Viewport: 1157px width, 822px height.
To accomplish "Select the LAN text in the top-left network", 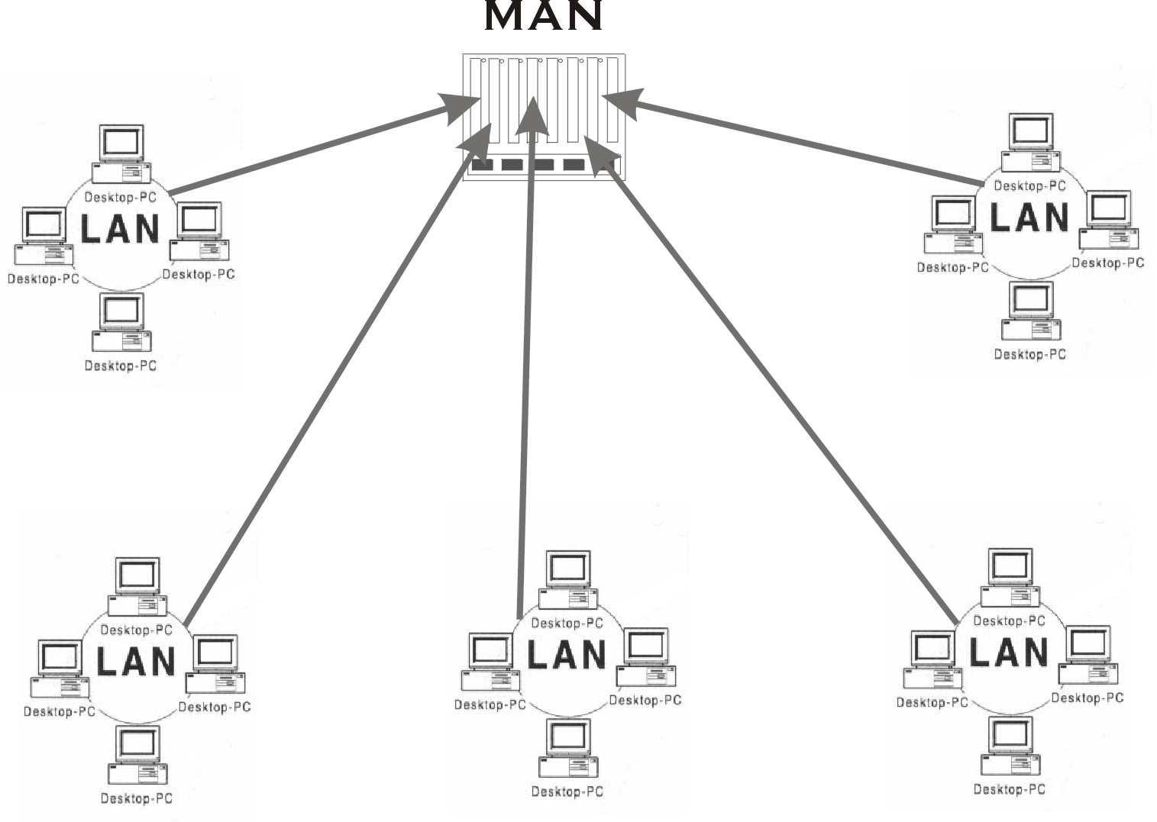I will [120, 228].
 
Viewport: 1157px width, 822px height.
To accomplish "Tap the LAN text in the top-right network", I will [1029, 217].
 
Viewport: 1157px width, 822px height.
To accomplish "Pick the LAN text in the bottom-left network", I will [136, 661].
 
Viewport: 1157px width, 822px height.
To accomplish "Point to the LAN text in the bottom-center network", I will [567, 655].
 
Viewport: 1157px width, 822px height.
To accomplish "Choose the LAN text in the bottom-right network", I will [1008, 652].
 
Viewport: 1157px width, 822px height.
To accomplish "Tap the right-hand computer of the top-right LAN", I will [1108, 221].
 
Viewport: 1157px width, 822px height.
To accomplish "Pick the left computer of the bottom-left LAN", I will [59, 669].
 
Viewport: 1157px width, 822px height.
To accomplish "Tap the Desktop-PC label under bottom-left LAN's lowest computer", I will [136, 798].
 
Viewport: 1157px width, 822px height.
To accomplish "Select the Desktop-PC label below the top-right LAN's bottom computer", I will [1029, 354].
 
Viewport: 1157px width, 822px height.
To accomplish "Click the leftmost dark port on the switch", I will [482, 164].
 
